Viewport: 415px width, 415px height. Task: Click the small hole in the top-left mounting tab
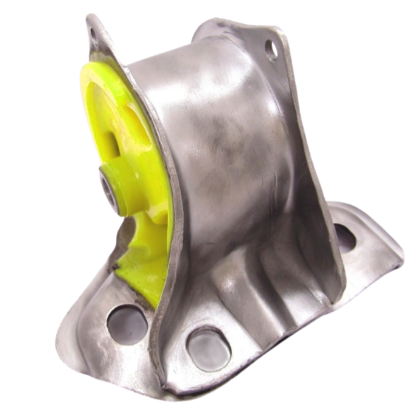pyautogui.click(x=94, y=32)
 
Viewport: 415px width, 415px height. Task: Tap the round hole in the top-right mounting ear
pyautogui.click(x=271, y=49)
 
